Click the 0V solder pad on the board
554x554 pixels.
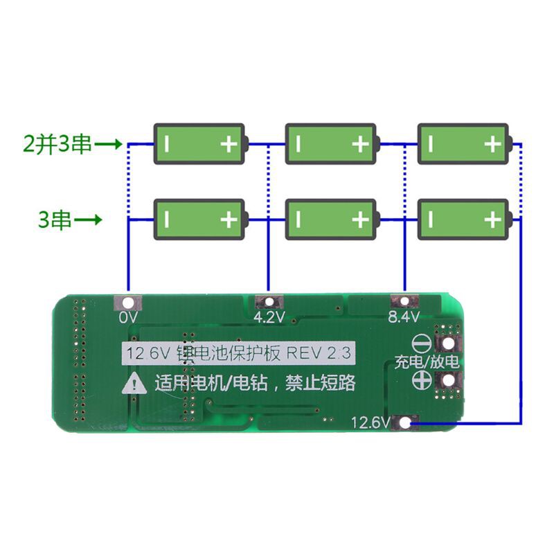pos(128,303)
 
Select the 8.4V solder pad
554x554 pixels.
pos(403,302)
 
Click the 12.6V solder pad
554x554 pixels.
pos(405,421)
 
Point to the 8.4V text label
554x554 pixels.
pos(404,318)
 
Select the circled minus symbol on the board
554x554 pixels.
pos(422,344)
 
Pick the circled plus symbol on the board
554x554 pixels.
pos(422,379)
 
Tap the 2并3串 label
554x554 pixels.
pos(57,145)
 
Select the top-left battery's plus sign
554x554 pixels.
pos(229,144)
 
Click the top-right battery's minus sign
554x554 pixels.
pos(431,144)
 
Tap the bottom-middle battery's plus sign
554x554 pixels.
pos(360,220)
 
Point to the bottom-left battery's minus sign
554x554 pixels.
pos(167,220)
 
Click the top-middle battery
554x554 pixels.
pos(332,144)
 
